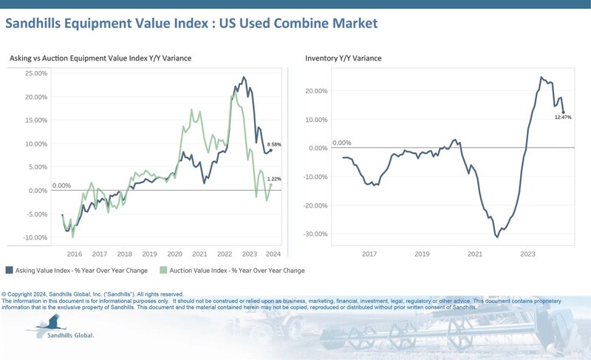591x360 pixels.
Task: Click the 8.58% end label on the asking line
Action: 274,144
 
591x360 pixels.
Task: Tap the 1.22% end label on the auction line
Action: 274,180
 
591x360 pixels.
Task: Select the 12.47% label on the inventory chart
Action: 563,117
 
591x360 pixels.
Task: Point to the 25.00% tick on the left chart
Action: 35,73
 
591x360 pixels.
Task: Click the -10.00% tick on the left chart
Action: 35,238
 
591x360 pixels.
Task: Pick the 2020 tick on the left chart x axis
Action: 174,253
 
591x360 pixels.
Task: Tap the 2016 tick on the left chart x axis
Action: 75,253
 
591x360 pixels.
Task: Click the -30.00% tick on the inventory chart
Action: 318,234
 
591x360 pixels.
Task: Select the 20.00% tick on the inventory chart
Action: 318,91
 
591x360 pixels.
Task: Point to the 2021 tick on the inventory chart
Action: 475,253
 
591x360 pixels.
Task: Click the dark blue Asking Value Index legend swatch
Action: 9,270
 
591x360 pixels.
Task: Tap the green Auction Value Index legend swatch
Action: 164,270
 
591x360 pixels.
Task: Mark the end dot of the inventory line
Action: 563,112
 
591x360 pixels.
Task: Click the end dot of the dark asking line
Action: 271,150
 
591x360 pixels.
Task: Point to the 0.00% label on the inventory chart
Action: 342,143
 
